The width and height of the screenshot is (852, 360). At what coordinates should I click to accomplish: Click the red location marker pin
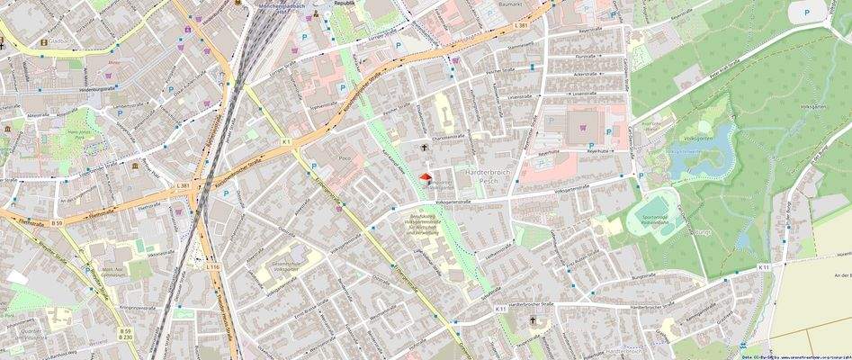pyautogui.click(x=426, y=178)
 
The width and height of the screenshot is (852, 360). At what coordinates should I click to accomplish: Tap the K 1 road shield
pyautogui.click(x=285, y=141)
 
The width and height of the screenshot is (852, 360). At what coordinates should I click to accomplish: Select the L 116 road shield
pyautogui.click(x=212, y=267)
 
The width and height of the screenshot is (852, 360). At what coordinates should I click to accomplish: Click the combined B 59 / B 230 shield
pyautogui.click(x=125, y=336)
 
